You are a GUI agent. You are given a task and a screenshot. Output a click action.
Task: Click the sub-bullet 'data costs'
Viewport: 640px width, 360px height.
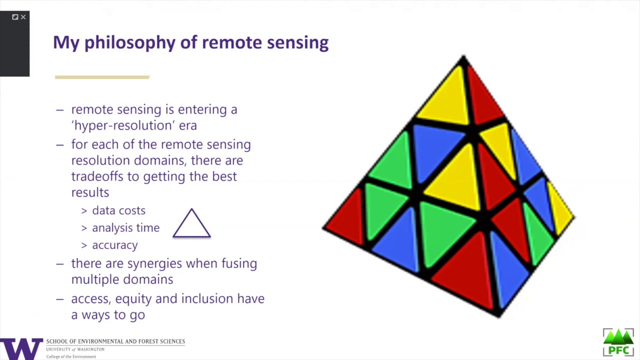coord(118,210)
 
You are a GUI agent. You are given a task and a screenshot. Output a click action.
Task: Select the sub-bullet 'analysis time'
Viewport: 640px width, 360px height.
coord(125,228)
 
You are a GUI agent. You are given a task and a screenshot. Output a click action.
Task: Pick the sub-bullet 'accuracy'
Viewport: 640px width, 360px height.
coord(114,245)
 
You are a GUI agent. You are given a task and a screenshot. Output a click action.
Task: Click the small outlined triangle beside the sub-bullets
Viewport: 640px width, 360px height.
coord(191,224)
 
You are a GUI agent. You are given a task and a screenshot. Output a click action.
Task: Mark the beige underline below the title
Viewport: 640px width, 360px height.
coord(102,77)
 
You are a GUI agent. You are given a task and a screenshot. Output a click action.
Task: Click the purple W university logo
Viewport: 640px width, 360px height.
coord(21,348)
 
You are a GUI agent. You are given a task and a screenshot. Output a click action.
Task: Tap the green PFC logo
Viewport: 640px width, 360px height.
coord(618,342)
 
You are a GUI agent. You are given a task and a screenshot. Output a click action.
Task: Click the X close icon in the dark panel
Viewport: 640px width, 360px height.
coord(23,17)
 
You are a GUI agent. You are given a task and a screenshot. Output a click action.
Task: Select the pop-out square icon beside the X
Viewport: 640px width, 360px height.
coord(15,17)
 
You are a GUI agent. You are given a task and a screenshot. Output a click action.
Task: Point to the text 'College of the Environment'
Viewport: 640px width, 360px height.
coord(71,356)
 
